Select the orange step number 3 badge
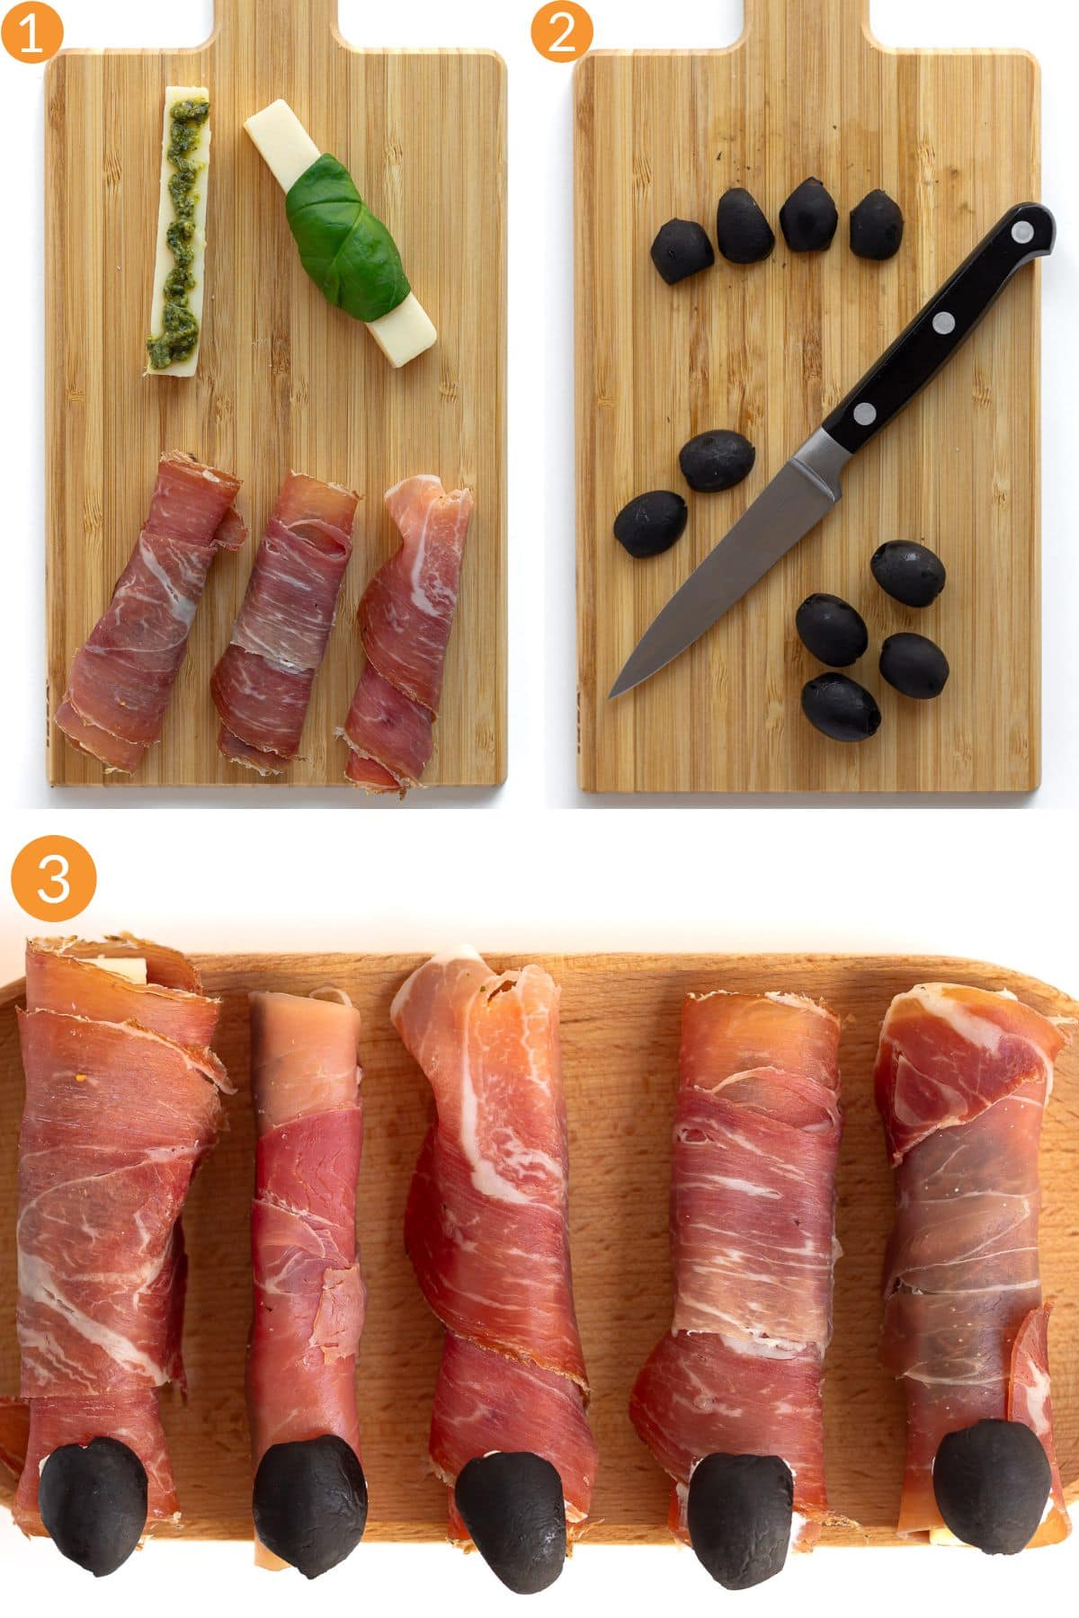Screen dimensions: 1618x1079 click(53, 878)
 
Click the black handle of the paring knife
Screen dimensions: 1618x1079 click(944, 324)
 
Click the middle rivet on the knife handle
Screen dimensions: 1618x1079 click(943, 321)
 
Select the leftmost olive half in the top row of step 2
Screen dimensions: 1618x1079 click(682, 251)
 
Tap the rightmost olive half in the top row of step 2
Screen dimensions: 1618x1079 click(876, 225)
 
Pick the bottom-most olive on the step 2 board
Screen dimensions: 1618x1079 click(841, 707)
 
